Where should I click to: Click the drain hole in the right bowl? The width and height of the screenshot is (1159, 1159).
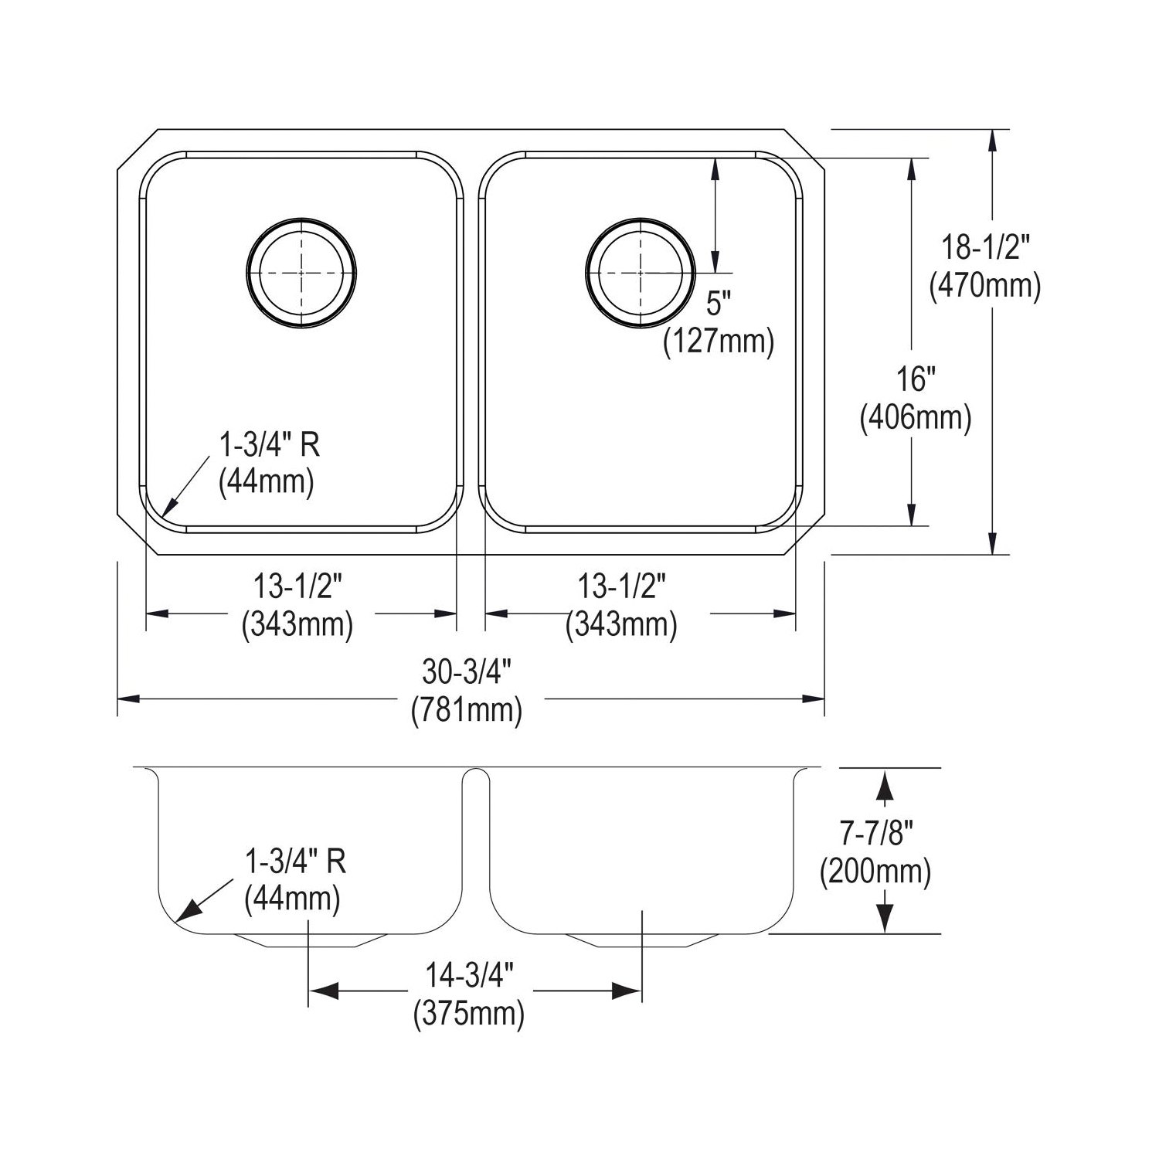click(x=641, y=272)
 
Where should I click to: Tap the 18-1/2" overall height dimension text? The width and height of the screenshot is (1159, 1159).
click(x=985, y=248)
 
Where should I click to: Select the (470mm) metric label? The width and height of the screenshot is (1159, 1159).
click(x=985, y=286)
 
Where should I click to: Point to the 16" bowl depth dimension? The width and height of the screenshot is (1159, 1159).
click(x=916, y=379)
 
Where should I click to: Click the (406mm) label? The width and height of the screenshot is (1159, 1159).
click(x=916, y=418)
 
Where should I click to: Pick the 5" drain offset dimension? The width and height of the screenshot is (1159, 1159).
click(x=718, y=304)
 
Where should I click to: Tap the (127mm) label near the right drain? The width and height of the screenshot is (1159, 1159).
click(x=718, y=341)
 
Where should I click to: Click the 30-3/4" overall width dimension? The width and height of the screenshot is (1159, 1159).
click(x=467, y=672)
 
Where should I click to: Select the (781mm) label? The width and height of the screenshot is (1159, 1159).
click(x=467, y=709)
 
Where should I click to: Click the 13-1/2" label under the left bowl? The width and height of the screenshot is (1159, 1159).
click(x=297, y=587)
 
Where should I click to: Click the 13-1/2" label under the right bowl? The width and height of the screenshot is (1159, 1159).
click(x=622, y=587)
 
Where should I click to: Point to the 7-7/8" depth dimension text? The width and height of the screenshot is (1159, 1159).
click(x=876, y=834)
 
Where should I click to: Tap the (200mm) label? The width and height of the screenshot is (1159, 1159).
click(x=876, y=872)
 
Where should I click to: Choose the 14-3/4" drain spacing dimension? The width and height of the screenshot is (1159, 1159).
click(x=470, y=976)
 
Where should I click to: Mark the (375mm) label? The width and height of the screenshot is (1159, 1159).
click(x=470, y=1013)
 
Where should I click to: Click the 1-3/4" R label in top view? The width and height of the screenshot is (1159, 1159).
click(x=270, y=445)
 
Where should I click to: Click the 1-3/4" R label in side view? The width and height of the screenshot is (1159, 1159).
click(x=295, y=861)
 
